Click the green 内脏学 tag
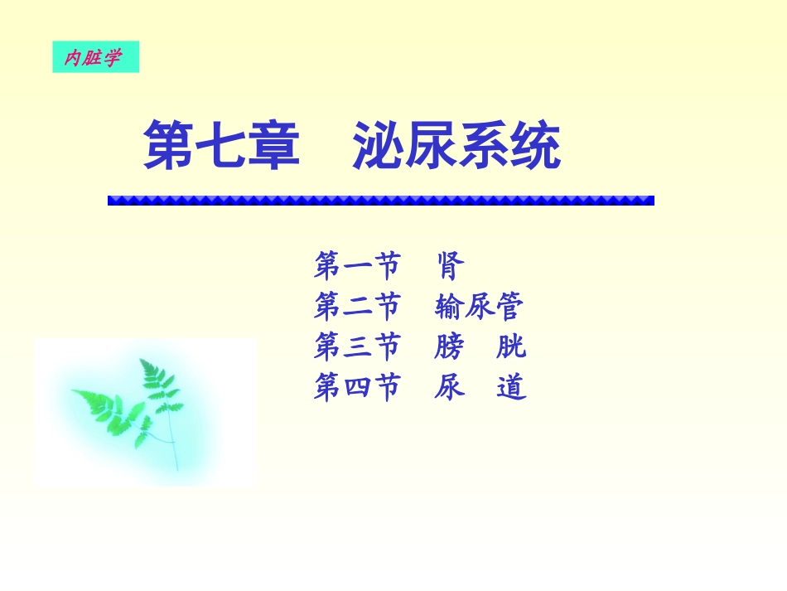tap(95, 57)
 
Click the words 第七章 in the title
tap(220, 146)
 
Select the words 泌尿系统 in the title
tap(456, 146)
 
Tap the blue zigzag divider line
tap(380, 201)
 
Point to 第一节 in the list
tap(356, 267)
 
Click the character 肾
tap(450, 267)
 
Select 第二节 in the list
tap(356, 308)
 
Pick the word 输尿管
tap(479, 308)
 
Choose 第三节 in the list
tap(356, 346)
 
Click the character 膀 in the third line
tap(450, 346)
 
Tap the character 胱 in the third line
tap(511, 346)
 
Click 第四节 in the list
tap(356, 387)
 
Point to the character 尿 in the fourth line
tap(450, 387)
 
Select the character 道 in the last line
tap(511, 387)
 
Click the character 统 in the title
tap(535, 146)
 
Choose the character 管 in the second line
tap(510, 308)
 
